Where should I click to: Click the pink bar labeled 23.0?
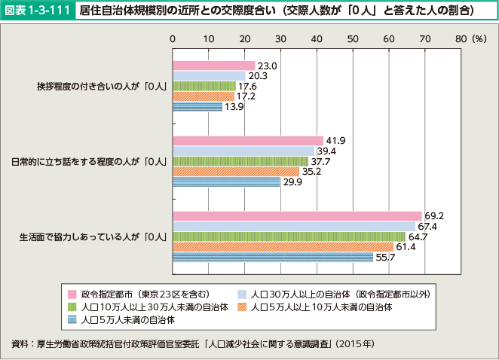pyautogui.click(x=214, y=66)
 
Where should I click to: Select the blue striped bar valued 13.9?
pyautogui.click(x=197, y=107)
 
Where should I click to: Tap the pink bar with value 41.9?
pyautogui.click(x=248, y=141)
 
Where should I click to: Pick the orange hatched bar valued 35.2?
pyautogui.click(x=236, y=171)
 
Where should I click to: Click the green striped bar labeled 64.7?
pyautogui.click(x=289, y=236)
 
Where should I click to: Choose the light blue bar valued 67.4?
pyautogui.click(x=294, y=226)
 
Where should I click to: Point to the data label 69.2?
pyautogui.click(x=433, y=216)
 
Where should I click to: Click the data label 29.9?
pyautogui.click(x=292, y=182)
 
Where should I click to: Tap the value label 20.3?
pyautogui.click(x=257, y=76)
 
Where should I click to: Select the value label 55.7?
pyautogui.click(x=384, y=257)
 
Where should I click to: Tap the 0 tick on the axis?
pyautogui.click(x=173, y=38)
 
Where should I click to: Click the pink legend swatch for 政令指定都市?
pyautogui.click(x=71, y=294)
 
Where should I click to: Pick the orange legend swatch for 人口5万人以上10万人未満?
pyautogui.click(x=241, y=307)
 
